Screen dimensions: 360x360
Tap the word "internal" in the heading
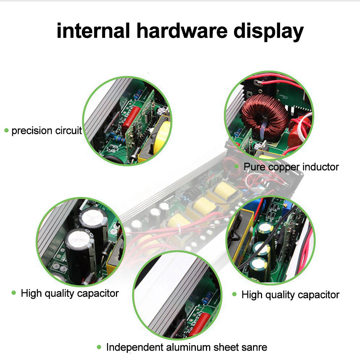[x=93, y=31]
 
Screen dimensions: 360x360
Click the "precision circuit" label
[x=47, y=130]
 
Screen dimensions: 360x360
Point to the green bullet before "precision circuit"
[x=6, y=130]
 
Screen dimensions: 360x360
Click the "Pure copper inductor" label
[x=291, y=167]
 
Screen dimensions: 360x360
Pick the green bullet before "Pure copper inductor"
[x=236, y=166]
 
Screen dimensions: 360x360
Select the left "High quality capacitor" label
[x=69, y=293]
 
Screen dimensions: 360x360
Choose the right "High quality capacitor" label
[x=290, y=295]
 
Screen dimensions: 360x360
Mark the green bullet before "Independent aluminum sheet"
[x=99, y=347]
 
